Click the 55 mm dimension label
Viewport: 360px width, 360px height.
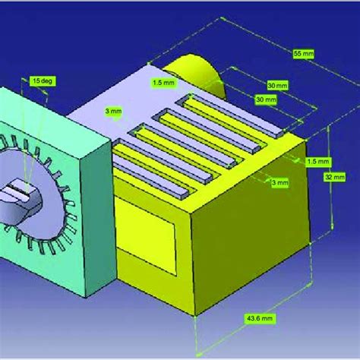(303, 54)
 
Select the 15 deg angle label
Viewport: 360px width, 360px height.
(42, 79)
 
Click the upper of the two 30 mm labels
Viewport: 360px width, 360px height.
(277, 85)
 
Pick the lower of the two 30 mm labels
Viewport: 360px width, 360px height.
(264, 99)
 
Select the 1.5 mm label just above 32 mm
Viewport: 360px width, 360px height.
(318, 162)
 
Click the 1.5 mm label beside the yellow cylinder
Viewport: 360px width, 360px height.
(164, 81)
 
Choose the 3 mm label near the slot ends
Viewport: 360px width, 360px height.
(280, 182)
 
